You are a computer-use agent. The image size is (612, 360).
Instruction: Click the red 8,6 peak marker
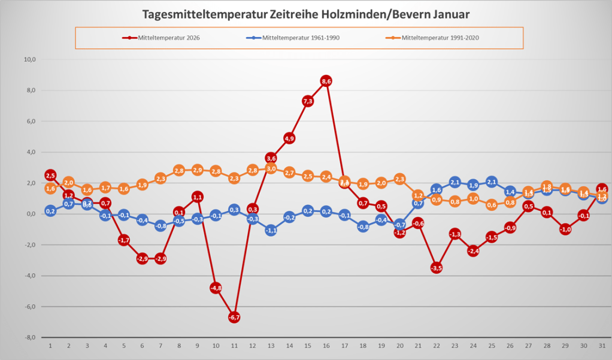point(326,81)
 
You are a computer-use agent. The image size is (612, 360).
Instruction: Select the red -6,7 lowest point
point(234,317)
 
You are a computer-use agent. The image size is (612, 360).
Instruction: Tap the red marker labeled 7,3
point(308,101)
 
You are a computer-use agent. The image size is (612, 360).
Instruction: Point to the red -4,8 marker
point(216,288)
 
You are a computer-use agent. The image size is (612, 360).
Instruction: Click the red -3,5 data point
point(436,268)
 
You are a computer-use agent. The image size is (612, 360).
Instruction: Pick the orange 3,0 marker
point(271,168)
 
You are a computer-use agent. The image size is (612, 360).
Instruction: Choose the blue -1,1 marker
point(271,230)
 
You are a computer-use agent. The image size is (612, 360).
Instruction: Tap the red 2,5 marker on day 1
point(50,176)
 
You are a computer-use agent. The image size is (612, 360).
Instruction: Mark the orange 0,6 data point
point(491,205)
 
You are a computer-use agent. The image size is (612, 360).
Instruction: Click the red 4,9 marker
point(289,138)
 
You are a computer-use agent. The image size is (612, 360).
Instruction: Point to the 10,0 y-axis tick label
point(29,60)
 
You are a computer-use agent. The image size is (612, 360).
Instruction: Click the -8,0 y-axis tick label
point(29,337)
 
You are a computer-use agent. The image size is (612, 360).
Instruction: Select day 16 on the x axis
point(326,346)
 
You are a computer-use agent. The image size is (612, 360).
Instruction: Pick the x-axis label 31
point(601,346)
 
